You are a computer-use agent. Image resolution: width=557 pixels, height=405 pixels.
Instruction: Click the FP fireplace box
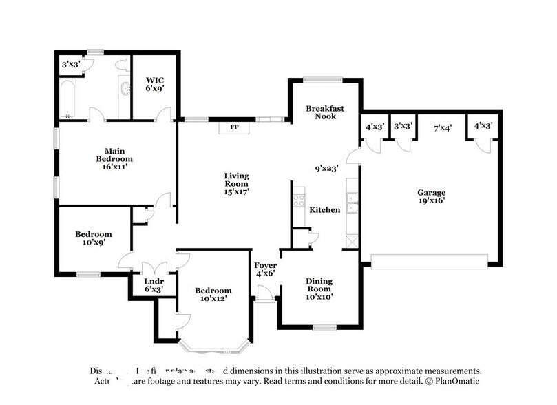click(234, 127)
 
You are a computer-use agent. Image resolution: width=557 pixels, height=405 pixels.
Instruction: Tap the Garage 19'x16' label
click(432, 198)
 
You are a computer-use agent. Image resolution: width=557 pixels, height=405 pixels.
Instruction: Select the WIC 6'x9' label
click(154, 84)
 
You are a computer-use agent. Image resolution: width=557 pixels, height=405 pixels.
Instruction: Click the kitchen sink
click(352, 202)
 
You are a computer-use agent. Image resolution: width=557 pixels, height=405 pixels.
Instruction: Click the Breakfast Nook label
click(325, 112)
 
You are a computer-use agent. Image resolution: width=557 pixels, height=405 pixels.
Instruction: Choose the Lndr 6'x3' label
click(153, 286)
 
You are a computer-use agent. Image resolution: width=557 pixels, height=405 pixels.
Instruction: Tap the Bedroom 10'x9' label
click(94, 238)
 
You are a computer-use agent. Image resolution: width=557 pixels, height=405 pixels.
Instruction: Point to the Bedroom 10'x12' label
click(213, 295)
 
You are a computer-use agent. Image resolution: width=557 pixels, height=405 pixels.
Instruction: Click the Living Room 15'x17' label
click(236, 184)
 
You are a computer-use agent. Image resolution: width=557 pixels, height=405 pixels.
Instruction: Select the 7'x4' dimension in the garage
click(442, 127)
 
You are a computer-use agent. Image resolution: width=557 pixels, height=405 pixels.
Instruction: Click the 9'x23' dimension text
click(327, 167)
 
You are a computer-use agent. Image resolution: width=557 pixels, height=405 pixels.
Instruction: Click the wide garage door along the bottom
click(430, 260)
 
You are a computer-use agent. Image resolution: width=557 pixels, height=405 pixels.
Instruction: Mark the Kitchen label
click(324, 209)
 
